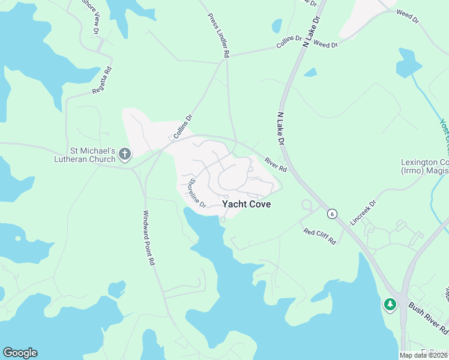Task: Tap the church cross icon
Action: tap(125, 155)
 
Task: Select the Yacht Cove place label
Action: tap(246, 204)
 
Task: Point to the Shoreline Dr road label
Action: tap(197, 193)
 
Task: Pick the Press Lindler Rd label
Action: tap(219, 35)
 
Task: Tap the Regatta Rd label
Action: tap(102, 80)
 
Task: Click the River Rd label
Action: tap(276, 165)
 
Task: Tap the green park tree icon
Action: tap(390, 305)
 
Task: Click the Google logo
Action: tap(20, 353)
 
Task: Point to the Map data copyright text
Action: tap(424, 355)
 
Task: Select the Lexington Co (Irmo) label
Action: tap(424, 167)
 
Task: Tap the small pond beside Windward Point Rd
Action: tap(116, 289)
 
